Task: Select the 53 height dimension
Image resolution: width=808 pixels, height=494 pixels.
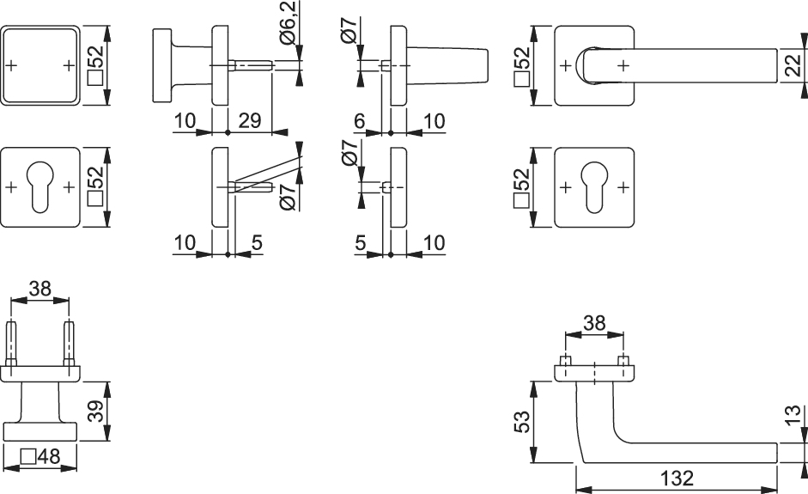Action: pos(522,422)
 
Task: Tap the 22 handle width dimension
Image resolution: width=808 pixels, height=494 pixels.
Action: pos(794,65)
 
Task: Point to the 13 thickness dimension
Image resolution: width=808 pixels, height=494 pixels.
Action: pos(794,415)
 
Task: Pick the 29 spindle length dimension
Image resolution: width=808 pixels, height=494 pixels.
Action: pos(250,120)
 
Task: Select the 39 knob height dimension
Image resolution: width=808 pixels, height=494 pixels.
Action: pos(96,411)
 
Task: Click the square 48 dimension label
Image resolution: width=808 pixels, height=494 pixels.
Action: pos(40,456)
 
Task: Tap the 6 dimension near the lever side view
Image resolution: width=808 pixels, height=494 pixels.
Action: pos(359,120)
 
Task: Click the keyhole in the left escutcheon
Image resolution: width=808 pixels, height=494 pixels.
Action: pos(39,186)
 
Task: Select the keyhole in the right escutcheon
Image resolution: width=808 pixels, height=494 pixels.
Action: pos(594,186)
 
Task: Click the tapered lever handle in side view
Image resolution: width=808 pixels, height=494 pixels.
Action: pos(447,65)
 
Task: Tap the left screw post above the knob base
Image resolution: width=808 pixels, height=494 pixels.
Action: pos(11,344)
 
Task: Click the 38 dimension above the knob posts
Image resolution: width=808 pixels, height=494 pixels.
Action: pos(40,289)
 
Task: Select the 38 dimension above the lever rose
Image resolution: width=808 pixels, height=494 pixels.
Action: pos(594,323)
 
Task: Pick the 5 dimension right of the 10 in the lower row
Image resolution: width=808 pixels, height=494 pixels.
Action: pos(257,242)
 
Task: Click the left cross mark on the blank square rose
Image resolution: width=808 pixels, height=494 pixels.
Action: pos(11,65)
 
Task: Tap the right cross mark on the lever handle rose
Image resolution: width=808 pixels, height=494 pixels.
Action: pos(623,65)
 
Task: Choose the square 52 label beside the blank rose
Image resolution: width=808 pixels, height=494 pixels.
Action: pos(96,65)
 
